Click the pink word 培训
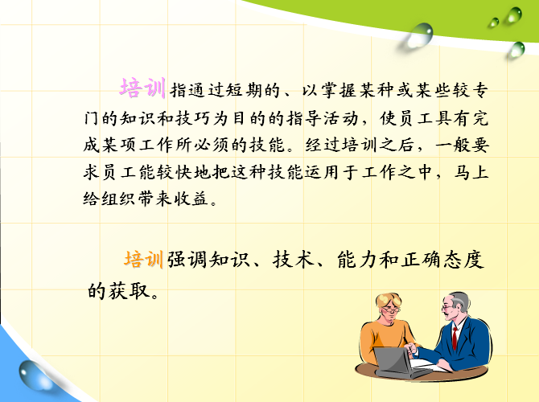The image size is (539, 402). [142, 88]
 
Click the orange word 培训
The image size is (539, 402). [143, 259]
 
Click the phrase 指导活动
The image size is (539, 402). [322, 118]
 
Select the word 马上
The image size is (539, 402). [471, 171]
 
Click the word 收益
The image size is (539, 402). [191, 199]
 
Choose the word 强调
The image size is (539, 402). [187, 260]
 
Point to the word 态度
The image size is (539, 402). [463, 260]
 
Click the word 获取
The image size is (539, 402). [130, 291]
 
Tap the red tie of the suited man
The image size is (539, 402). [455, 338]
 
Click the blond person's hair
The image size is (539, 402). [389, 300]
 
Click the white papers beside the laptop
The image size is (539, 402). [430, 366]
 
